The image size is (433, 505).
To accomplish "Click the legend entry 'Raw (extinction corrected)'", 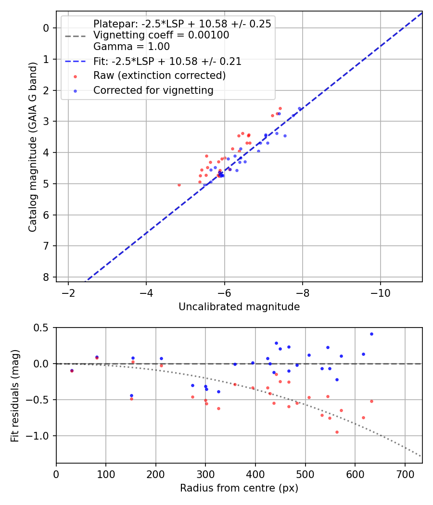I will (x=159, y=76).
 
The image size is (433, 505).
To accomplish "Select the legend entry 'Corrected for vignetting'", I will (x=153, y=90).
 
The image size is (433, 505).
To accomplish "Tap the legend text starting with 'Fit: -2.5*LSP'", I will (x=167, y=62).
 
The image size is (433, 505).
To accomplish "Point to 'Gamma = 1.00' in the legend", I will (x=131, y=47).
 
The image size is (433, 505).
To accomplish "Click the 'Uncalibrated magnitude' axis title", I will (x=239, y=307).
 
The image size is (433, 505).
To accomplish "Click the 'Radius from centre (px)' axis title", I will (x=239, y=488).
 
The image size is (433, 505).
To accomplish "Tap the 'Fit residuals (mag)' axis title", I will (x=15, y=395).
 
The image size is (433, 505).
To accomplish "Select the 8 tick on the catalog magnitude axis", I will (x=46, y=277).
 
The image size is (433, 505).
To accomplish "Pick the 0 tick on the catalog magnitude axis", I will (x=46, y=28).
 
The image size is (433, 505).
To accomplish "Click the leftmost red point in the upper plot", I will (x=179, y=185).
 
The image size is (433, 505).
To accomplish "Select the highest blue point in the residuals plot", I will (x=371, y=334).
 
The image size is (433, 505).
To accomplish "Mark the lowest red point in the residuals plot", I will (x=337, y=432).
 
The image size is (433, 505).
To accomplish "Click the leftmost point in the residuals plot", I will (x=72, y=371).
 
